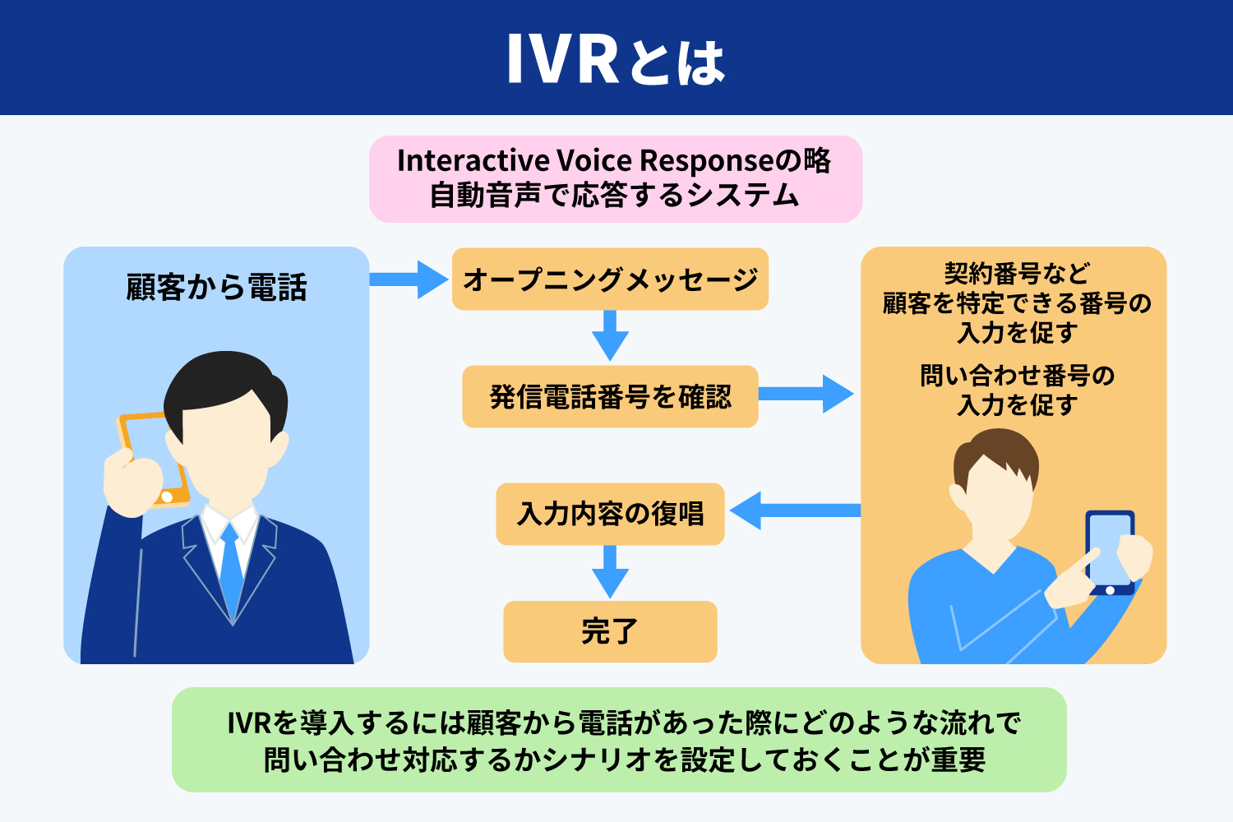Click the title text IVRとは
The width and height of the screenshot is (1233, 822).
(x=615, y=59)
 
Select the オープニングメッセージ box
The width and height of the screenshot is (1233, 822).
(x=610, y=279)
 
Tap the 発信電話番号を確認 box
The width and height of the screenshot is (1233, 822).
(x=610, y=397)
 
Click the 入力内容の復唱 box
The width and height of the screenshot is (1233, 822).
(x=610, y=515)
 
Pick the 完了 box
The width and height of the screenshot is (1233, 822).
(x=610, y=631)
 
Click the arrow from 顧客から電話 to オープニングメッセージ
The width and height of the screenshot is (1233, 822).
(x=409, y=279)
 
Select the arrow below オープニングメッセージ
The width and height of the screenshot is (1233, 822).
(x=610, y=335)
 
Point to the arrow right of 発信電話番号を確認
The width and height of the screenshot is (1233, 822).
(x=806, y=395)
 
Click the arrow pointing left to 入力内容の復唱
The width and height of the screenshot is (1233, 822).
(x=793, y=510)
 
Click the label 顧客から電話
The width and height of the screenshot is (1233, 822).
(x=216, y=288)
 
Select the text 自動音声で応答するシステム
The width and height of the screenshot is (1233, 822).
(x=615, y=196)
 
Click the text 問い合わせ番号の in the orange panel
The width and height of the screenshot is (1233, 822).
(x=1017, y=376)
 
